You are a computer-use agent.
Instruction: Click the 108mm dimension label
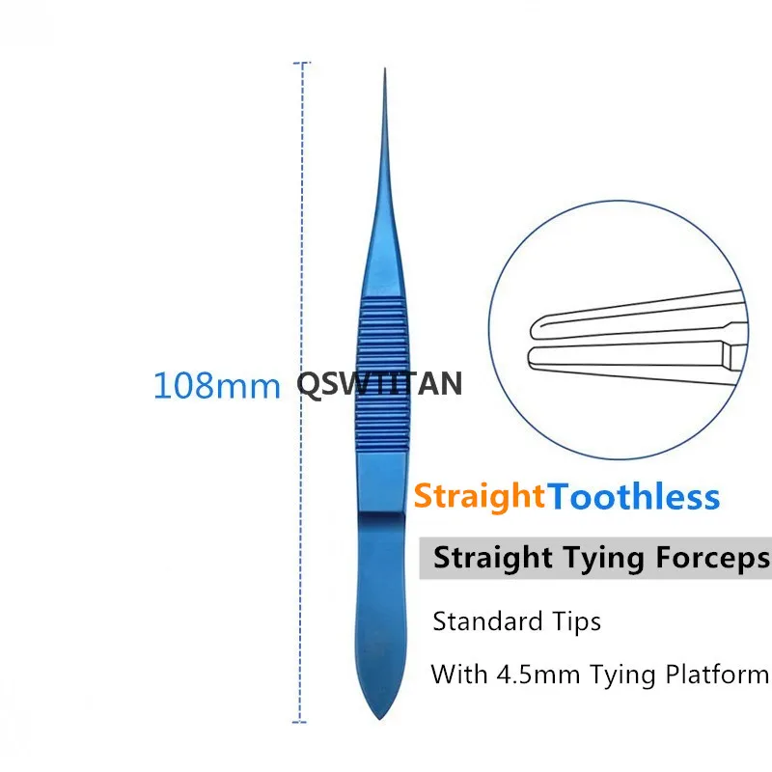216,385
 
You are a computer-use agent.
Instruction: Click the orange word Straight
480,496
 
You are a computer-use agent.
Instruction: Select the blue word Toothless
633,497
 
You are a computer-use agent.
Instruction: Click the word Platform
717,674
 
